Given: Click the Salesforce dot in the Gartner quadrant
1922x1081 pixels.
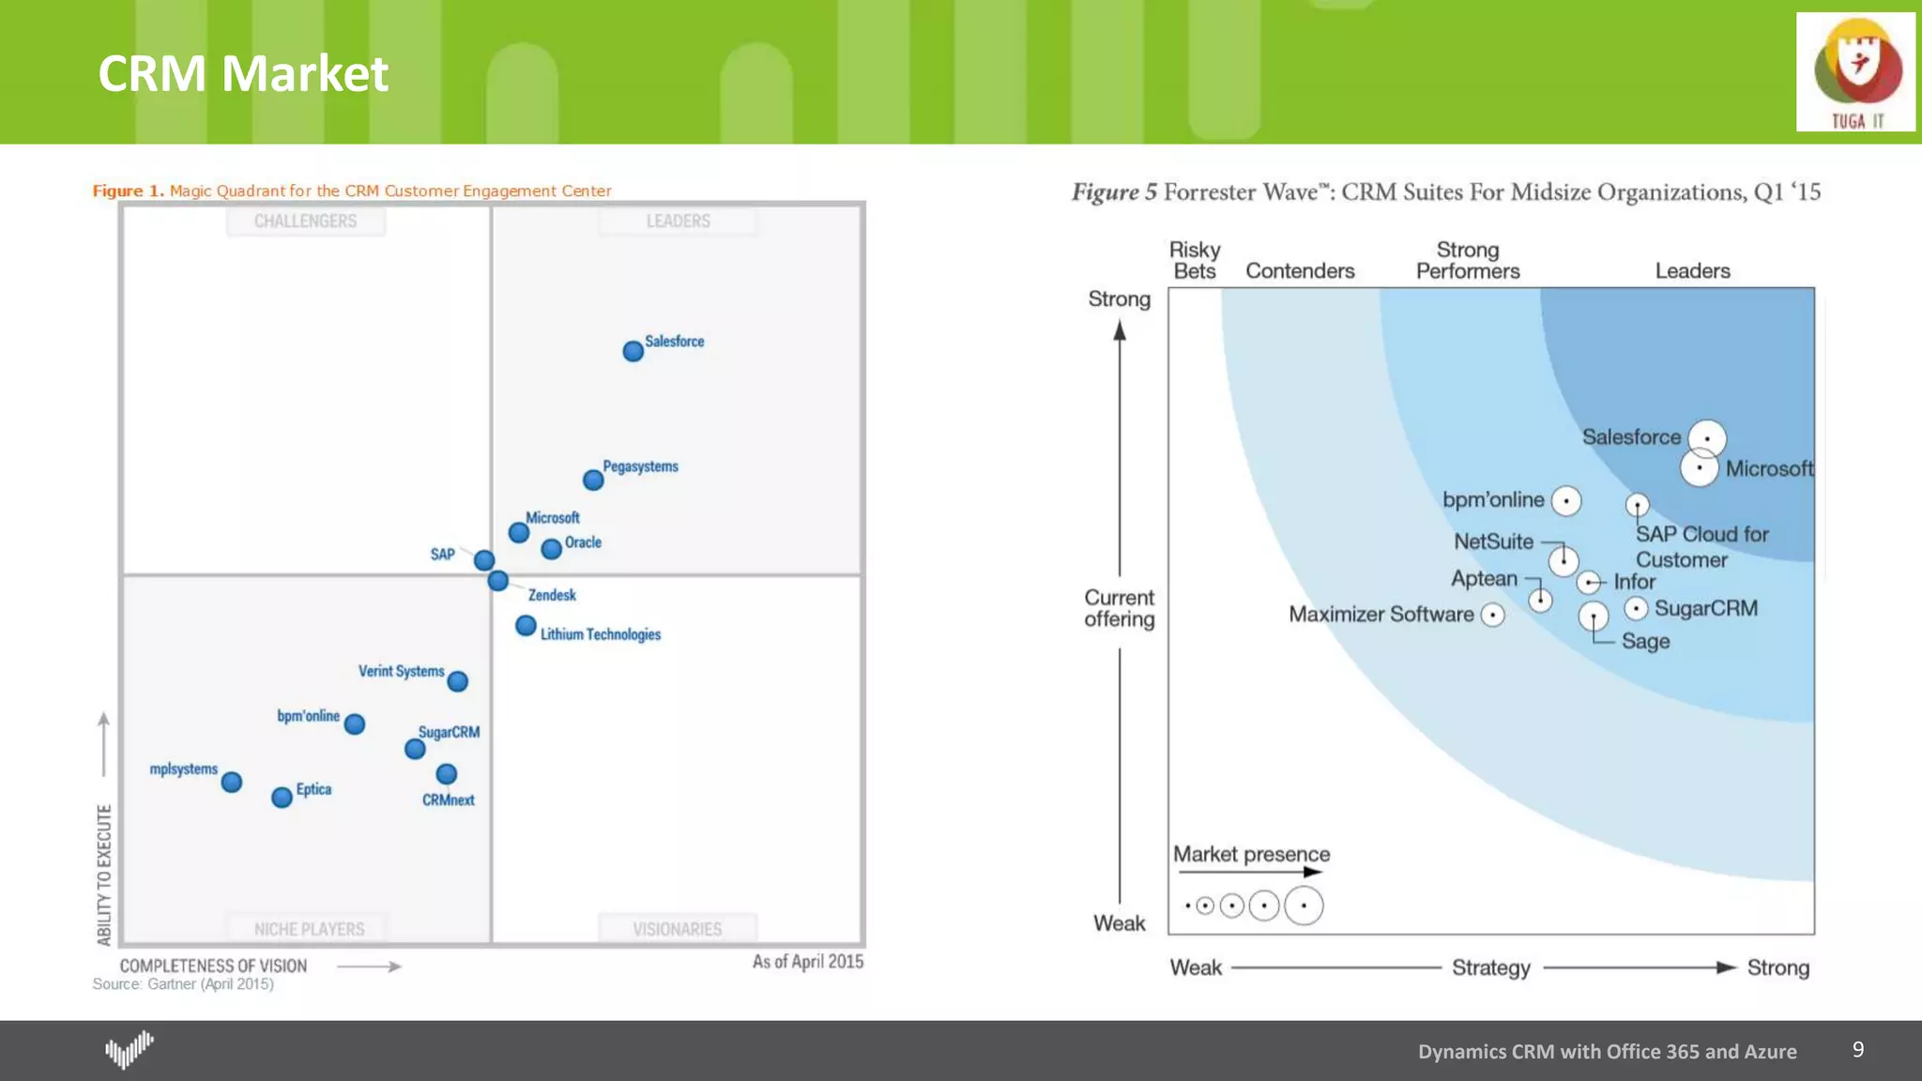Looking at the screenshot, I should click(x=633, y=351).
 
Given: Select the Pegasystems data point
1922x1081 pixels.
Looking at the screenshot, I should click(x=593, y=480).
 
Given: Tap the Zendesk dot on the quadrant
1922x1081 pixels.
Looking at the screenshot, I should click(x=498, y=581).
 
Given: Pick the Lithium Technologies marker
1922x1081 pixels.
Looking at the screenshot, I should click(x=526, y=625).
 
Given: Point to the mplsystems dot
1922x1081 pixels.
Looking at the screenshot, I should click(x=232, y=782).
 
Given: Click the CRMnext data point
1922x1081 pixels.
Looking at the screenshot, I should click(x=447, y=774).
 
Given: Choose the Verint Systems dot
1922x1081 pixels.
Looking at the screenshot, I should click(x=458, y=681).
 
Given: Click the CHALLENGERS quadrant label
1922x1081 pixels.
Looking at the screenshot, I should click(x=305, y=221).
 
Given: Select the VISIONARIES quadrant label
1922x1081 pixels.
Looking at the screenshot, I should click(x=677, y=929).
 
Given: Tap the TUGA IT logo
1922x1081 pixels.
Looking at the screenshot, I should click(x=1855, y=72).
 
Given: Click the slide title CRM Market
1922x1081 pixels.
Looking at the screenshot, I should click(x=243, y=73).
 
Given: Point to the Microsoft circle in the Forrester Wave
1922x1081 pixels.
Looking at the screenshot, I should click(x=1700, y=467).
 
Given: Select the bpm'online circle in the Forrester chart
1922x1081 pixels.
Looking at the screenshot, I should click(x=1566, y=501).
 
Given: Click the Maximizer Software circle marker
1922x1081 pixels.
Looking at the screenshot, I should click(x=1493, y=615).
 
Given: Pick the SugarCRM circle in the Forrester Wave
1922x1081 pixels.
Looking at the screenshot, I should click(x=1636, y=609).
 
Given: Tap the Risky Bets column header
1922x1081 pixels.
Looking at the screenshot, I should click(x=1195, y=260).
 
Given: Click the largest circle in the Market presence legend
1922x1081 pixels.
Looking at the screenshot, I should click(x=1304, y=906).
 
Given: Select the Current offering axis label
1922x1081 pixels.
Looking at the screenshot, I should click(x=1119, y=608).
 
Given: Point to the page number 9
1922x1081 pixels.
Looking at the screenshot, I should click(x=1858, y=1049).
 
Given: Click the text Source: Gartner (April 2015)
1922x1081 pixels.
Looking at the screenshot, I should click(x=183, y=984).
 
